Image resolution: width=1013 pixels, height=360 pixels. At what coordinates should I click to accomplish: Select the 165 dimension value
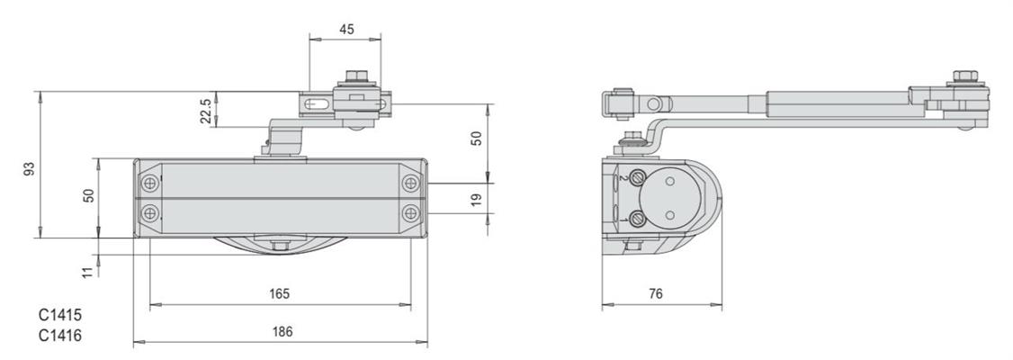click(280, 294)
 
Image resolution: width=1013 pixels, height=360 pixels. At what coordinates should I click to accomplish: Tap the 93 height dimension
click(29, 169)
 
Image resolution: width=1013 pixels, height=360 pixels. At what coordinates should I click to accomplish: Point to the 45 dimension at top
click(346, 30)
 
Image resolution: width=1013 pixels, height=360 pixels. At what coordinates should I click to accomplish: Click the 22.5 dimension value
click(205, 111)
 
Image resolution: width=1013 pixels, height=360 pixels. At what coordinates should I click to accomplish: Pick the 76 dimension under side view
click(656, 294)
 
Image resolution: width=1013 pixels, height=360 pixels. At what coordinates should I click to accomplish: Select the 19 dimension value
click(476, 200)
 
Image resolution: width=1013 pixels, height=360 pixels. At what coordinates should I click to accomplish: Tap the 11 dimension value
click(88, 272)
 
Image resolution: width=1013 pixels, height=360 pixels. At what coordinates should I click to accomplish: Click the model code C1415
click(60, 316)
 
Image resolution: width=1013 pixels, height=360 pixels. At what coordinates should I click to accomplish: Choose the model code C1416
click(60, 336)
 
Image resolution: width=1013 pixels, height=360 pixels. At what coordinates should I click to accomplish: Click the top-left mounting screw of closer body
click(150, 184)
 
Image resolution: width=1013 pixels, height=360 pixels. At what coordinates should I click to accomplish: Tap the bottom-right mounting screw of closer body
click(411, 212)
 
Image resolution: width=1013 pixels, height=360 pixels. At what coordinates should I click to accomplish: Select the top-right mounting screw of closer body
click(411, 184)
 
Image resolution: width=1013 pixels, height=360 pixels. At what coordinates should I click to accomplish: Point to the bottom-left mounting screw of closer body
click(150, 212)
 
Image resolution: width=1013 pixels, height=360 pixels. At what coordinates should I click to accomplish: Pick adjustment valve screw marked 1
click(637, 219)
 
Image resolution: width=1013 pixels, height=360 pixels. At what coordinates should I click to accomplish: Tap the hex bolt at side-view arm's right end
click(964, 77)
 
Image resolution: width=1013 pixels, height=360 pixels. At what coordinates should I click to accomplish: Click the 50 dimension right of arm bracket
click(476, 139)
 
